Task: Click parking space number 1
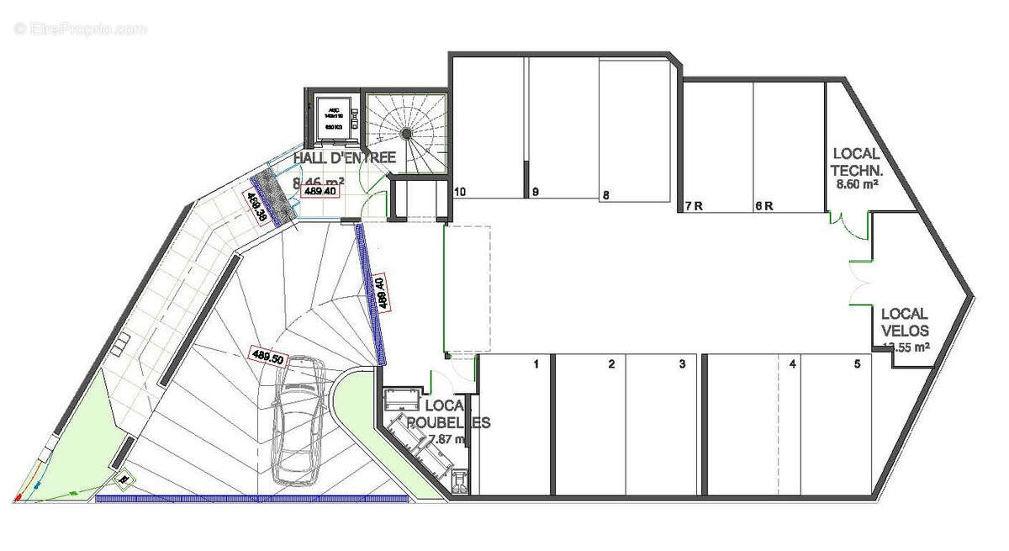pyautogui.click(x=535, y=364)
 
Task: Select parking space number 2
pyautogui.click(x=612, y=364)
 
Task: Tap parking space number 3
pyautogui.click(x=682, y=364)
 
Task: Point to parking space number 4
pyautogui.click(x=792, y=364)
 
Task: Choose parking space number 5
pyautogui.click(x=857, y=364)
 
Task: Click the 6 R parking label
pyautogui.click(x=763, y=205)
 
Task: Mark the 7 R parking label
pyautogui.click(x=694, y=205)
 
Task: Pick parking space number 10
pyautogui.click(x=460, y=192)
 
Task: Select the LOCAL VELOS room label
pyautogui.click(x=905, y=321)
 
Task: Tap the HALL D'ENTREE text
pyautogui.click(x=344, y=158)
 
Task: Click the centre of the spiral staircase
pyautogui.click(x=406, y=133)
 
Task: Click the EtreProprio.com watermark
pyautogui.click(x=81, y=29)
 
